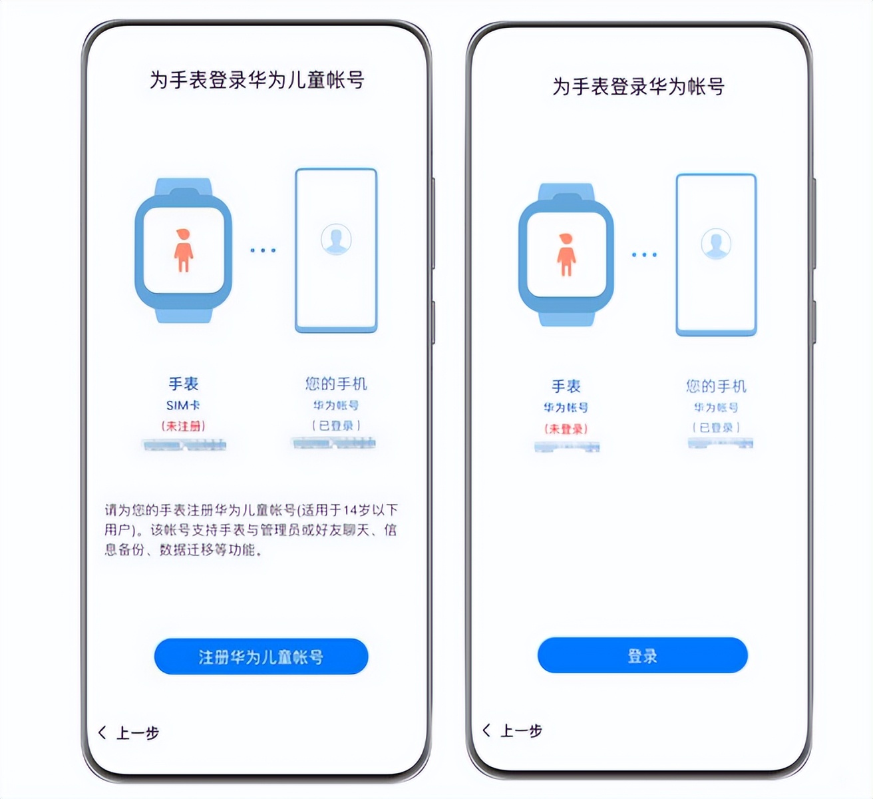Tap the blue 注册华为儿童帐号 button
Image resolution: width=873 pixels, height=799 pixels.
261,657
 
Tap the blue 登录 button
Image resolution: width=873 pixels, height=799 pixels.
642,655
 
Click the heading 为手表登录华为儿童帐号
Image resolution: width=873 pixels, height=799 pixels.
257,80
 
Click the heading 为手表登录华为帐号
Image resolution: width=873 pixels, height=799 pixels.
638,87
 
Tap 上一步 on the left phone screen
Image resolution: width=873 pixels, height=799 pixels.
130,733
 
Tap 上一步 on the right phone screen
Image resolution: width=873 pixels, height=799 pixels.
513,730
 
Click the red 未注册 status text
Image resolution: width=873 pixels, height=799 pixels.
183,426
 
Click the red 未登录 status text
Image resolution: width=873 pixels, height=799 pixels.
566,429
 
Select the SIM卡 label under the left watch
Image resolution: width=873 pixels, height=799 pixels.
183,405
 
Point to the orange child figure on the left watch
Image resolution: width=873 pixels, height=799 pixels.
183,250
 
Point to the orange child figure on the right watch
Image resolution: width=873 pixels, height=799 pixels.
566,254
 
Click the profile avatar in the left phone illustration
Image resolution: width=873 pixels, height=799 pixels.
336,239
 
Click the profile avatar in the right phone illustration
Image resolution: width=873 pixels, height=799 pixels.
716,244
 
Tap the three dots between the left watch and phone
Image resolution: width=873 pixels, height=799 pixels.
263,250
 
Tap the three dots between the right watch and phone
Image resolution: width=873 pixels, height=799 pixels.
644,254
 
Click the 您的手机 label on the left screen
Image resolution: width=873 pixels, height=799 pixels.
336,384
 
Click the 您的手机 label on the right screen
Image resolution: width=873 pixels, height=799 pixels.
716,386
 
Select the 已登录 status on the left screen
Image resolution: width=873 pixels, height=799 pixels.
336,425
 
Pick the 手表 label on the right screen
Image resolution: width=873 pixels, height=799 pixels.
566,386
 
